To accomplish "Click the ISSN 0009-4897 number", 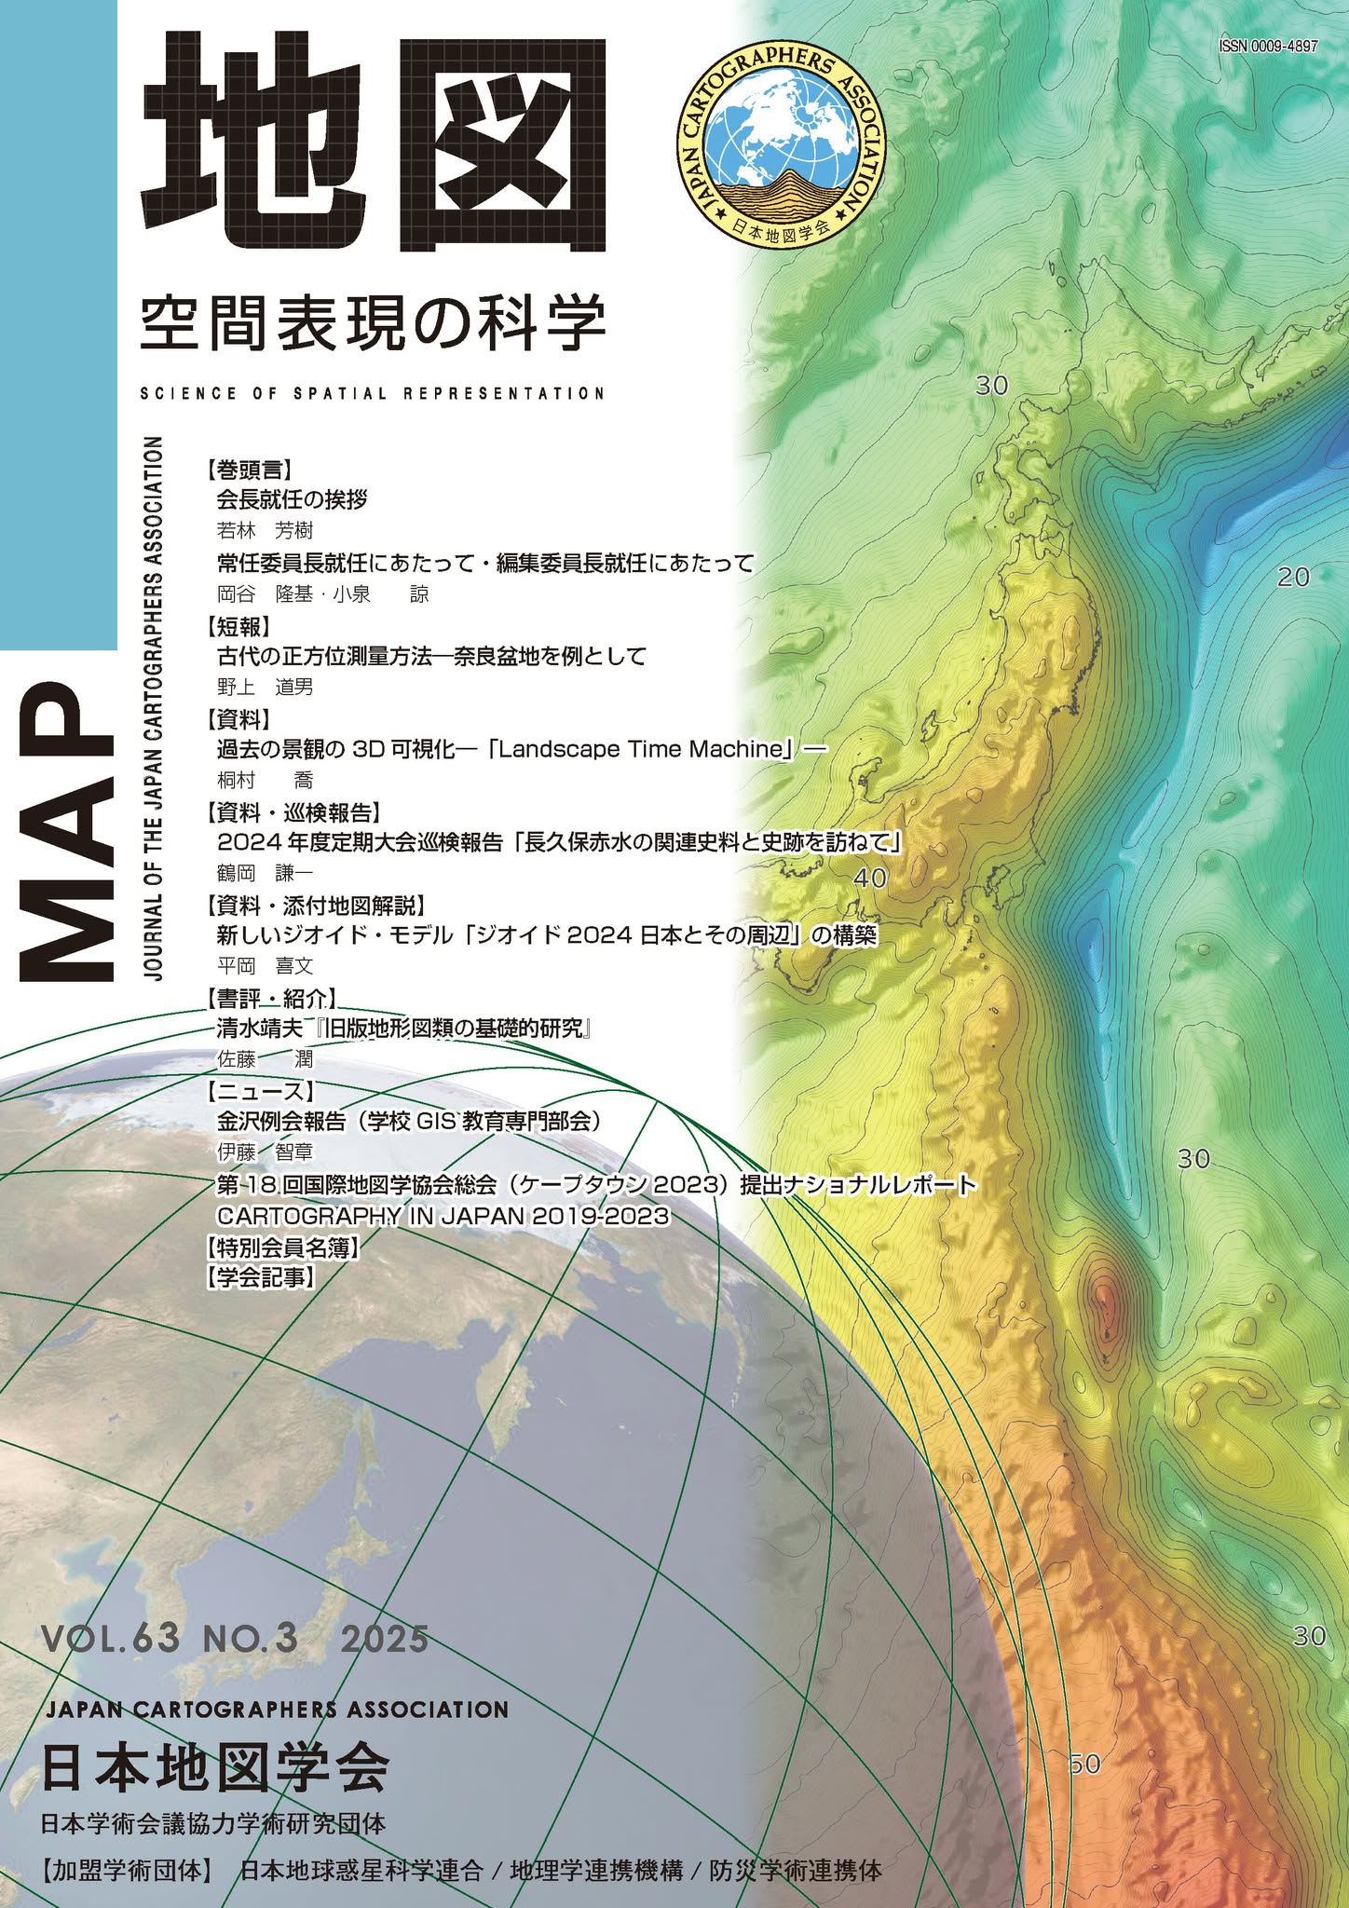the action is (x=1268, y=47).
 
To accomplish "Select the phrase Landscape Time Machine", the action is (x=641, y=749).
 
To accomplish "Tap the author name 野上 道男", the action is (x=265, y=688).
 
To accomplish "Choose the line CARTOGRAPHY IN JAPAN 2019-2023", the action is (x=443, y=1216).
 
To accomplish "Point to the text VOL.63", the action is (x=110, y=1636).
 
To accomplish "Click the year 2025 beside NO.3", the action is (x=384, y=1637).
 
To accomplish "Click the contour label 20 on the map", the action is (x=1293, y=578).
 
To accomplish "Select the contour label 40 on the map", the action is (x=870, y=878).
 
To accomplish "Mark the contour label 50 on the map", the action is (x=1084, y=1763).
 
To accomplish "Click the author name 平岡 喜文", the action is (x=265, y=967).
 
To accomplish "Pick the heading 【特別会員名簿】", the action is (x=282, y=1247).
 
